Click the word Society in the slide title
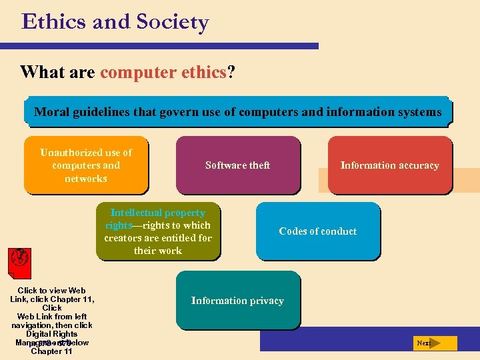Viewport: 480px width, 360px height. [x=173, y=22]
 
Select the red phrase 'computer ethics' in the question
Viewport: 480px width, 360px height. [x=163, y=72]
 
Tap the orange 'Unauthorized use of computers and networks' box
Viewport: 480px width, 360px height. [x=86, y=165]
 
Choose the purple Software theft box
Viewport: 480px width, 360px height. [x=237, y=165]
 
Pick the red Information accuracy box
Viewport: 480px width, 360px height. [x=389, y=165]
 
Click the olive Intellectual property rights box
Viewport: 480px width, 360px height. [x=158, y=231]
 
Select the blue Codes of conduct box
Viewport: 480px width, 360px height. [x=317, y=231]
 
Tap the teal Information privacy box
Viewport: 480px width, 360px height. [x=237, y=301]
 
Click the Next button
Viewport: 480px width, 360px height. [x=434, y=343]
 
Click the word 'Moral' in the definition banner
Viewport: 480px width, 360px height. [x=50, y=112]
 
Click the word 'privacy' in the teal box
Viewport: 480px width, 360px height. [x=266, y=301]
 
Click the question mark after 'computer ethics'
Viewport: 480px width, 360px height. [x=231, y=72]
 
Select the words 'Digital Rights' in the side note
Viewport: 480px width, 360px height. [x=52, y=334]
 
